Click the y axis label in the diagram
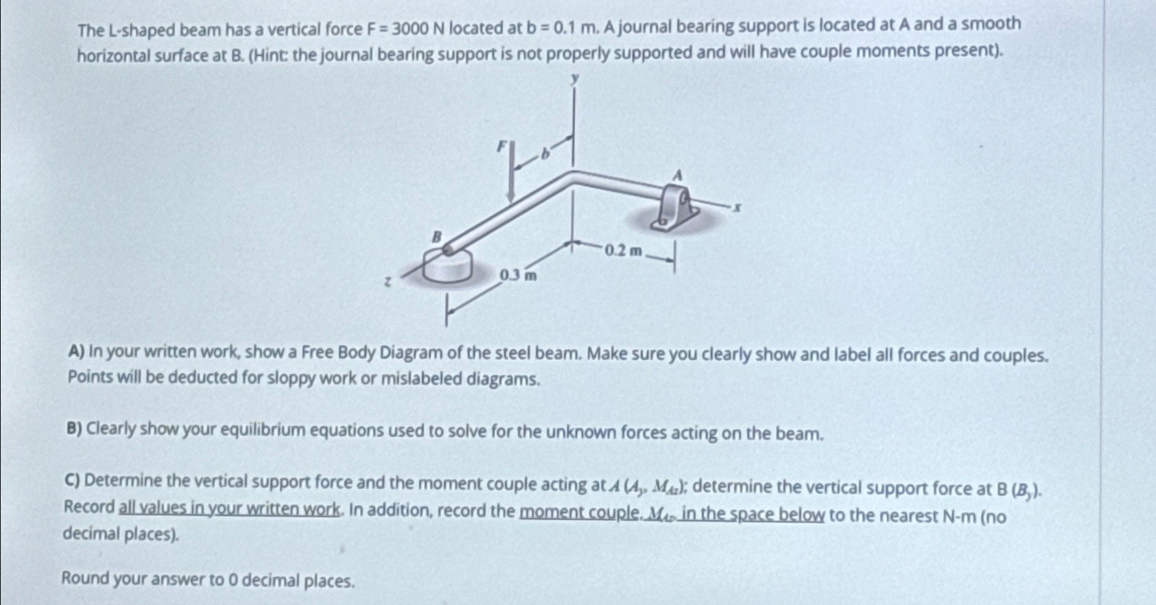(x=576, y=80)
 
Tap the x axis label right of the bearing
(x=737, y=206)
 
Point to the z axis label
(x=388, y=281)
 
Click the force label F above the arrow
(x=502, y=146)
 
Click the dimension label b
(x=546, y=154)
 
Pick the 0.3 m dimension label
(x=518, y=276)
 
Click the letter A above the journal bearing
(x=677, y=176)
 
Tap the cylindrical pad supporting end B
(x=447, y=267)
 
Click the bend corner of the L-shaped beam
(x=574, y=178)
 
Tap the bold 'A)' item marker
(x=76, y=352)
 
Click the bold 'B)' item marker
(x=74, y=429)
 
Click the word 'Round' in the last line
(x=85, y=578)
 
